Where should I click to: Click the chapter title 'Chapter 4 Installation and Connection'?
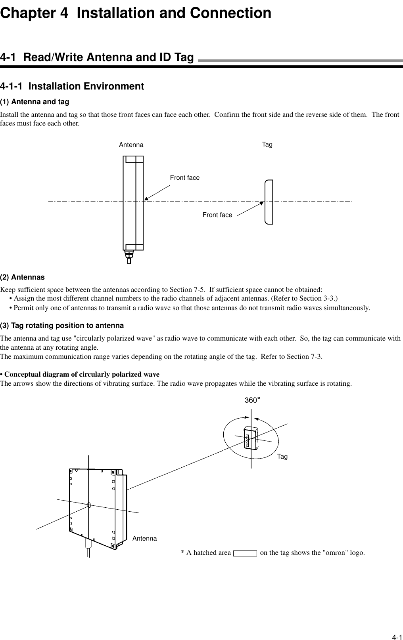136,13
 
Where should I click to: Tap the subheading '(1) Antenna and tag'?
35,102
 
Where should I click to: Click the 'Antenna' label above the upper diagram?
131,145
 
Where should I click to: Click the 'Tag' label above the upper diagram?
267,145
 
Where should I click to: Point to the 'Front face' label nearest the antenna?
185,178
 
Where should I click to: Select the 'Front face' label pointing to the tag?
217,215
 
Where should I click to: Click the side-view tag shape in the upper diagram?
269,202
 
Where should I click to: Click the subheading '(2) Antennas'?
22,277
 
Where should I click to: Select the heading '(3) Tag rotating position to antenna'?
62,326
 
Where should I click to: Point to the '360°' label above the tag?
252,400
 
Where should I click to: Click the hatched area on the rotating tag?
247,441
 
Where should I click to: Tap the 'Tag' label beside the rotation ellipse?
282,457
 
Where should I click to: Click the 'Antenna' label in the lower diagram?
145,539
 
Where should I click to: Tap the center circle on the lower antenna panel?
89,505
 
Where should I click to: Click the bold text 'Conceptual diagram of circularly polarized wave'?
82,374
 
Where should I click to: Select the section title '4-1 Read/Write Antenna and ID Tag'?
97,57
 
